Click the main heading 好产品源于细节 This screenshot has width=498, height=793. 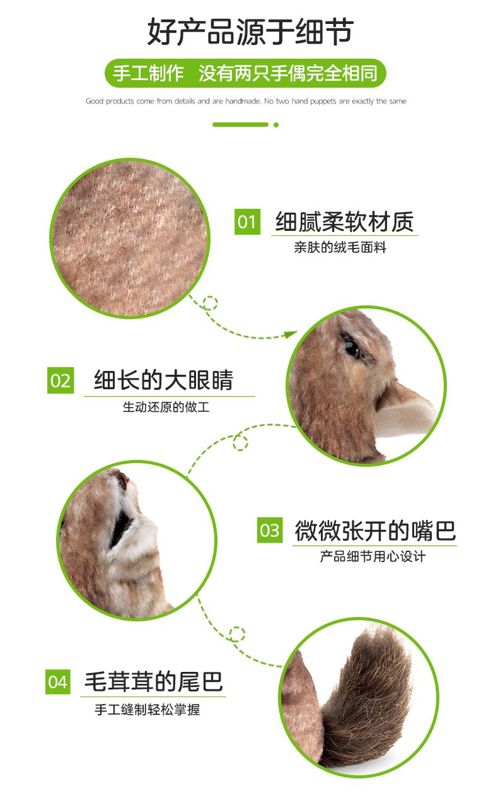(250, 32)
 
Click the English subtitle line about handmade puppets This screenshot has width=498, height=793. (246, 101)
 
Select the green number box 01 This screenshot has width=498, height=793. (247, 221)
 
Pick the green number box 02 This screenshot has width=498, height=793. (61, 380)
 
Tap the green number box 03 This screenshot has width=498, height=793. (270, 530)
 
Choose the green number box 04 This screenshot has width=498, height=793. (58, 682)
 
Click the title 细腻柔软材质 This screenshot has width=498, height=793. (344, 222)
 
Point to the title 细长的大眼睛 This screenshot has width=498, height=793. (163, 380)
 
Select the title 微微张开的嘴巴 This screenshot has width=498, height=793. (375, 531)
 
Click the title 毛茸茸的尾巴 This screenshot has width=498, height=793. (154, 681)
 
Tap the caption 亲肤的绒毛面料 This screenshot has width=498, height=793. (340, 247)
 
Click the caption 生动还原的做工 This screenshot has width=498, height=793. (166, 407)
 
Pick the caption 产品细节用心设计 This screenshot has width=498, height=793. (373, 556)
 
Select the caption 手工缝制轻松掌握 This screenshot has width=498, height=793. (147, 710)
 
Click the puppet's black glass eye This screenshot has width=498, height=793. (352, 348)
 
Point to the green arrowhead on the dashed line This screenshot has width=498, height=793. (291, 334)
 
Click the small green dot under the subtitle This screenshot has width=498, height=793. (276, 125)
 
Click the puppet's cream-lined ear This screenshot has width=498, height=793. (407, 414)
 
